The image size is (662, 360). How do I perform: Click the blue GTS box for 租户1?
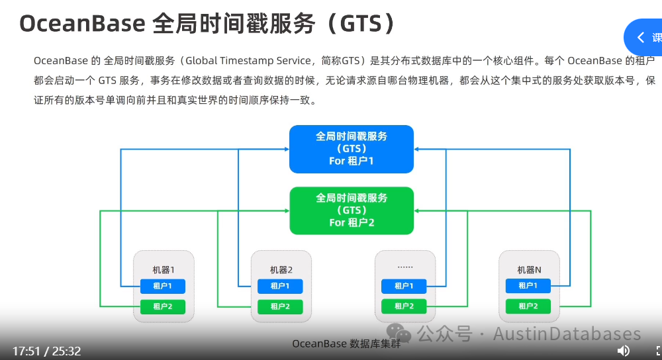coord(352,149)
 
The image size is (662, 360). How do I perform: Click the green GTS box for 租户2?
coord(352,210)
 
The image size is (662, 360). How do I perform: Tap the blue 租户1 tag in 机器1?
coord(163,286)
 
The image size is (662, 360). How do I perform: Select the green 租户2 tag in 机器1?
coord(163,306)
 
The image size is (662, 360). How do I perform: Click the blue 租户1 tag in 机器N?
coord(528,286)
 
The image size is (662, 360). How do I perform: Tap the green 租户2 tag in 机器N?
coord(528,306)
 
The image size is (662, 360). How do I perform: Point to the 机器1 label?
coord(164,269)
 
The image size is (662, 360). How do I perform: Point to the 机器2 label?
coord(281,269)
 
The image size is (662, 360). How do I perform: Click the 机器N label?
coord(529,269)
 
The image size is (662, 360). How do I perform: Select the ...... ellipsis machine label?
coord(404,267)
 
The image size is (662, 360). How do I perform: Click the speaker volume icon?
coord(623,350)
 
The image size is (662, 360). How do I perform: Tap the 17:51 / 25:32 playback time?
coord(46,351)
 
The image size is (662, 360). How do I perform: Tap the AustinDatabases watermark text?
coord(567,334)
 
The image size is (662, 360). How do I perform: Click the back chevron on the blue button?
coord(640,38)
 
